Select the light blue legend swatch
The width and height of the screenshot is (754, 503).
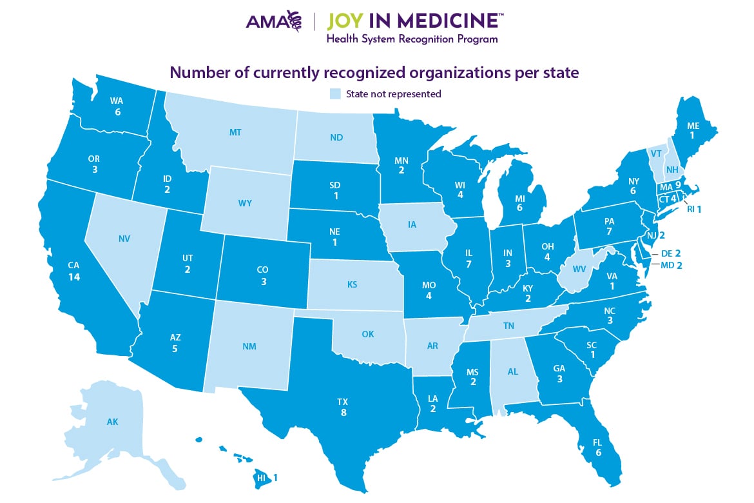(x=334, y=94)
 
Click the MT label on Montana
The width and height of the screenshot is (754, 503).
(x=235, y=132)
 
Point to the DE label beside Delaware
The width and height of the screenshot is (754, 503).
(x=666, y=253)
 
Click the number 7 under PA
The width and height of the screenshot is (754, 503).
(x=610, y=231)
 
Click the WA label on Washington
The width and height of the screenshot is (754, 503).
(x=117, y=101)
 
